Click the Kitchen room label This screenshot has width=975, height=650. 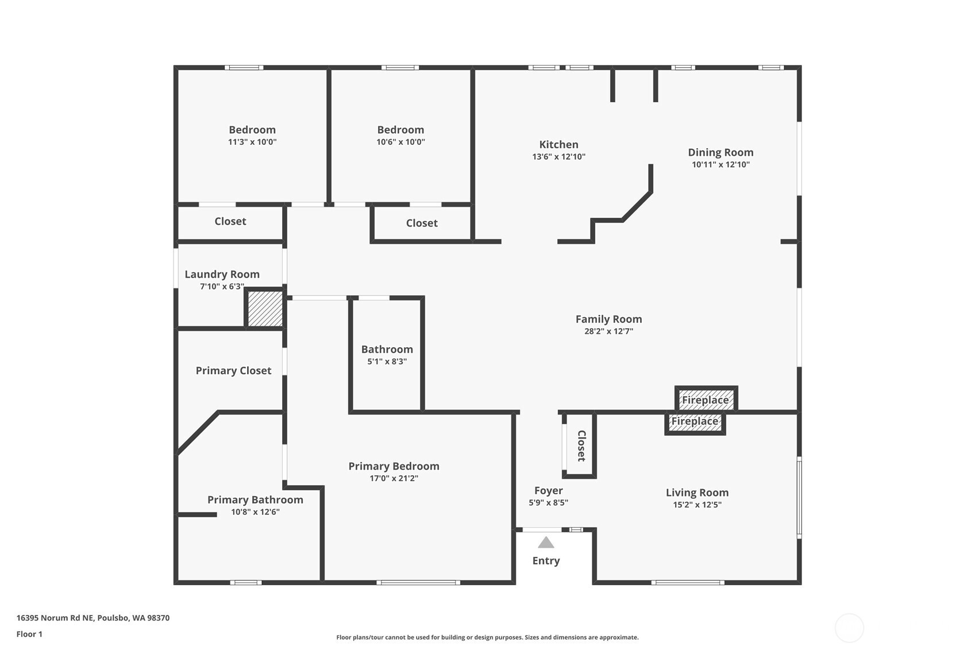click(558, 145)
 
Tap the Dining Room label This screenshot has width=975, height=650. click(720, 152)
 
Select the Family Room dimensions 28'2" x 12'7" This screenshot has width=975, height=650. click(608, 331)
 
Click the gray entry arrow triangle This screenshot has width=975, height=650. click(546, 543)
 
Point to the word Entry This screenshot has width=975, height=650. click(546, 561)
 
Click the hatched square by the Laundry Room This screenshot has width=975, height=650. click(265, 308)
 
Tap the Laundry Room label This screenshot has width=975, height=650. click(222, 274)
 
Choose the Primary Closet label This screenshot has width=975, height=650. click(233, 371)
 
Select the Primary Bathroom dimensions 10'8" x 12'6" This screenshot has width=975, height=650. click(255, 512)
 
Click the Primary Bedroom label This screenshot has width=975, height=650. click(394, 466)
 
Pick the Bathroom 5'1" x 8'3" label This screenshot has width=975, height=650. click(387, 355)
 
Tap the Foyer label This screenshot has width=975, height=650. click(549, 491)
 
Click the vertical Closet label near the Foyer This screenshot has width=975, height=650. click(581, 446)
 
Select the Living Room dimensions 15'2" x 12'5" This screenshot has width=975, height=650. click(697, 505)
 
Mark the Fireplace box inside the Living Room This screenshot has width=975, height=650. click(695, 422)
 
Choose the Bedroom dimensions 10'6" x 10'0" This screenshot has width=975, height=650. click(400, 142)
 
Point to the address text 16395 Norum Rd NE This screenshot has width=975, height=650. click(55, 618)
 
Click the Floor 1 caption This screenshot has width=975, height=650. click(30, 634)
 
